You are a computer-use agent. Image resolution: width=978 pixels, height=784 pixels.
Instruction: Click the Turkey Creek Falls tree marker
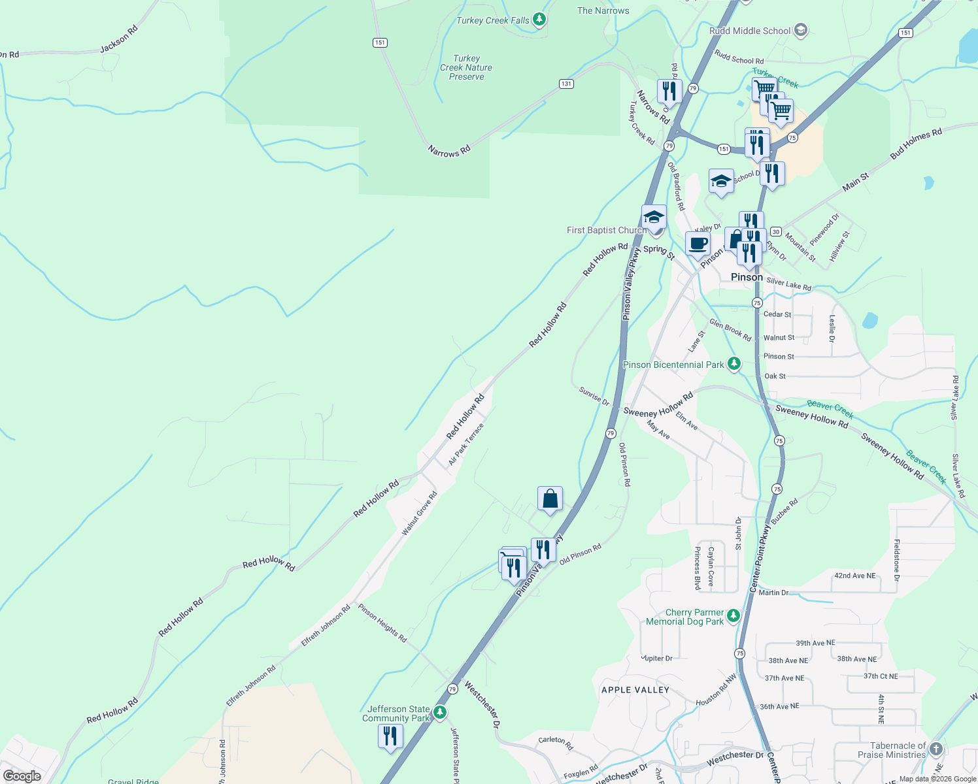tap(539, 20)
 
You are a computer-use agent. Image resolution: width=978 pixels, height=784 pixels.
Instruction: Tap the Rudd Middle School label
tap(750, 31)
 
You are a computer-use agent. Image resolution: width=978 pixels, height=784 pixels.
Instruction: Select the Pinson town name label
tap(747, 277)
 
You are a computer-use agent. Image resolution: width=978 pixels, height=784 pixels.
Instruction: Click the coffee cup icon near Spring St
tap(698, 244)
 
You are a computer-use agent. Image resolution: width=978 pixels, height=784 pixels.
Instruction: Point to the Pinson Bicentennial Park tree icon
tap(734, 363)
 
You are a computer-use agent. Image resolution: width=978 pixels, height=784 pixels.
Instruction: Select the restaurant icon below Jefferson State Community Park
tap(390, 736)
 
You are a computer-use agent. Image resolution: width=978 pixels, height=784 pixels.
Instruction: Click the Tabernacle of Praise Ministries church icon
tap(936, 749)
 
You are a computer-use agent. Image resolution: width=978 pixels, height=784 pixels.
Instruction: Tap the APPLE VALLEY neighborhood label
tap(635, 690)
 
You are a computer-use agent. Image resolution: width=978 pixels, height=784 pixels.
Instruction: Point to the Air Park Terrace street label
tap(466, 444)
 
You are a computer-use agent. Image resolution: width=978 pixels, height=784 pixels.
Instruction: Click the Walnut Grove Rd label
tap(419, 514)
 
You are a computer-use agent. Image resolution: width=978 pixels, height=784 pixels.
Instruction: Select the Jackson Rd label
tap(119, 39)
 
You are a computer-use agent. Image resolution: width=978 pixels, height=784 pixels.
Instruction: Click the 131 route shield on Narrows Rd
tap(566, 84)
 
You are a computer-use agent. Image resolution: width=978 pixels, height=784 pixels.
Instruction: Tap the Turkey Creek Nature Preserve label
tap(466, 67)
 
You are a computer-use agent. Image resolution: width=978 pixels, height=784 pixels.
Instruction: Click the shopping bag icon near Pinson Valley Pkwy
tap(550, 499)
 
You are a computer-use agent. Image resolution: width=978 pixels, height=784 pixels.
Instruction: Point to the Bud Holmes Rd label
tap(916, 144)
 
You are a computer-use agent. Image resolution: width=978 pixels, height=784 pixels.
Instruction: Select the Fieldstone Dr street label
tap(897, 560)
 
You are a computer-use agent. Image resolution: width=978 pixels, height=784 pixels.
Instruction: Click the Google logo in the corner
tap(22, 776)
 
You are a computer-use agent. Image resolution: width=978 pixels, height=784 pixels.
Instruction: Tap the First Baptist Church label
tap(607, 230)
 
